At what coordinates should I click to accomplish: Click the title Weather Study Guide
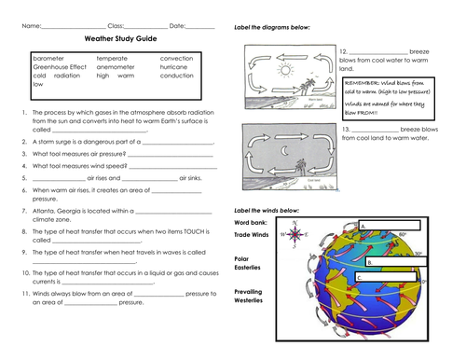click(x=120, y=41)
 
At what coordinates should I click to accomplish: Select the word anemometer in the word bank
click(x=116, y=66)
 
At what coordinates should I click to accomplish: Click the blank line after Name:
click(x=74, y=25)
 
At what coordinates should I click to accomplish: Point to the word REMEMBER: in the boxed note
click(x=365, y=82)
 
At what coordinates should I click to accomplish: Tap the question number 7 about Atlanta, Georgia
click(x=22, y=211)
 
